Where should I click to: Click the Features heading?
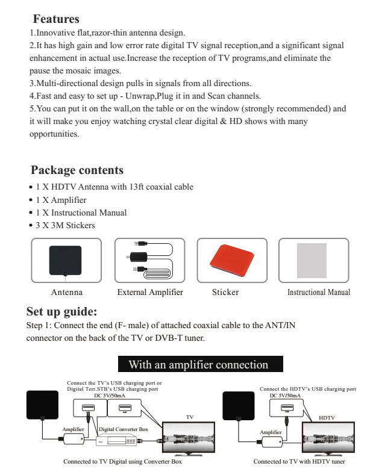tap(56, 19)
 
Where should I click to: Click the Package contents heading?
tap(77, 170)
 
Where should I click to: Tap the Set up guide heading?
tap(62, 312)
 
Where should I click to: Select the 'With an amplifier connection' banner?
tap(198, 364)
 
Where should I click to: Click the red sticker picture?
tap(231, 260)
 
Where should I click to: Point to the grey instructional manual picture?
tap(312, 260)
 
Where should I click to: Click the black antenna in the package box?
tap(65, 259)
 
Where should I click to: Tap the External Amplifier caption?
tap(150, 293)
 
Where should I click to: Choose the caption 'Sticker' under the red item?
tap(225, 293)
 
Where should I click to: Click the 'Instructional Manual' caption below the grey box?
tap(318, 293)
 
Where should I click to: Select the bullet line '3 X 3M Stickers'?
tap(65, 226)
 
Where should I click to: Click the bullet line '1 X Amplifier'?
tap(61, 200)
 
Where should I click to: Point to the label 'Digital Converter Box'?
tap(123, 429)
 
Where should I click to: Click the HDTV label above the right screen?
tap(326, 417)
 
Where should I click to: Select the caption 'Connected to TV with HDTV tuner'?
tap(299, 462)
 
